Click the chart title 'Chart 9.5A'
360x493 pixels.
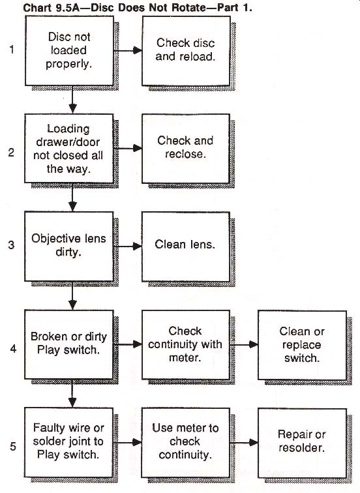click(x=52, y=8)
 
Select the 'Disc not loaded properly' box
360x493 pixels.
click(x=69, y=51)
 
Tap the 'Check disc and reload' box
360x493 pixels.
click(x=186, y=51)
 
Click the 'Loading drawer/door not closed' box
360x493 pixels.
click(x=69, y=149)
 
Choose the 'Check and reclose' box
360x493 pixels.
click(x=185, y=149)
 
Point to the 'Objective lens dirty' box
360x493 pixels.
click(x=69, y=246)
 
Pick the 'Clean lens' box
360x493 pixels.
click(x=185, y=246)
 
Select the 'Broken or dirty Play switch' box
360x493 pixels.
click(x=69, y=344)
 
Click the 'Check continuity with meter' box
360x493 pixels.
click(x=185, y=344)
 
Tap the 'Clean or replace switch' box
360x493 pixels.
click(x=302, y=345)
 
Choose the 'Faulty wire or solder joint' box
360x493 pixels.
click(x=68, y=442)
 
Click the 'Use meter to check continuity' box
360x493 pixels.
click(x=185, y=442)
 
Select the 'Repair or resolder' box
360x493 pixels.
click(x=302, y=443)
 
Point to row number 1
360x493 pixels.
click(x=12, y=50)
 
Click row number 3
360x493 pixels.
click(x=11, y=245)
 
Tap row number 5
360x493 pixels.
click(x=13, y=446)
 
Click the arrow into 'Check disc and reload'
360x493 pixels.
click(x=128, y=50)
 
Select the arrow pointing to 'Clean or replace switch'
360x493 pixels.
click(x=244, y=344)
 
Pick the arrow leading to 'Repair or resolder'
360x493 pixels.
click(x=244, y=442)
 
